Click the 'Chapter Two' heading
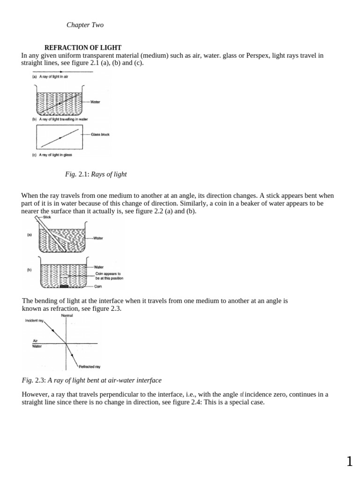pos(85,25)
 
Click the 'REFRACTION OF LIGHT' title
pos(82,48)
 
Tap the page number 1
pos(349,462)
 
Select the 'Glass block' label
pos(100,135)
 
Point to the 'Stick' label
pos(47,217)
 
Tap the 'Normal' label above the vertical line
pos(67,315)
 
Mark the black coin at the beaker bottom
pos(64,285)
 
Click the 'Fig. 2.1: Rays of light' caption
pos(96,174)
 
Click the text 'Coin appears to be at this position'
pos(109,276)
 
